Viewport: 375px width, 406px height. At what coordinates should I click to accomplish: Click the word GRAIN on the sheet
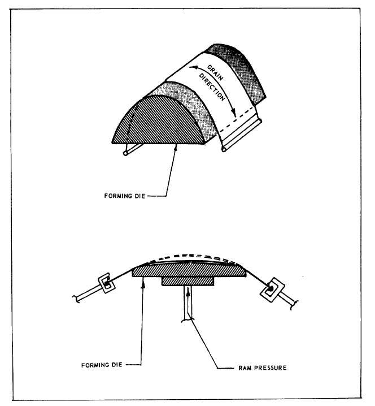(215, 73)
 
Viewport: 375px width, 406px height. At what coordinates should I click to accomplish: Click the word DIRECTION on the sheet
(212, 87)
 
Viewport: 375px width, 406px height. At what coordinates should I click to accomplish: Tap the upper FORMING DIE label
(125, 196)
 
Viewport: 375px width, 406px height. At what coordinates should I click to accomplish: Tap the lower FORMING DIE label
(102, 365)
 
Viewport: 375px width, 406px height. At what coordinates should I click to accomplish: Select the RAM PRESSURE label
(262, 368)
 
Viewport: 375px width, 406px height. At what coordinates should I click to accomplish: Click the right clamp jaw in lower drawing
(272, 290)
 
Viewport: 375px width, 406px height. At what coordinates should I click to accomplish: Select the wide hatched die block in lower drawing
(189, 270)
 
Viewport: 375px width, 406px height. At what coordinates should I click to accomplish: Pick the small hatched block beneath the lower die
(187, 281)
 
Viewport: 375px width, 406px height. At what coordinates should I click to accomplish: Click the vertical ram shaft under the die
(188, 303)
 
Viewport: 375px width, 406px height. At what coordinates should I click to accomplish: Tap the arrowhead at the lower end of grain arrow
(234, 113)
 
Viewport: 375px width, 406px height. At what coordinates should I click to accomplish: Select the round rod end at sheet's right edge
(224, 149)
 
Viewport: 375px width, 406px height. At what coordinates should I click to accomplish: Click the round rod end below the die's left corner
(125, 153)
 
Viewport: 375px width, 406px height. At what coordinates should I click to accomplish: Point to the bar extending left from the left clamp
(88, 295)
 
